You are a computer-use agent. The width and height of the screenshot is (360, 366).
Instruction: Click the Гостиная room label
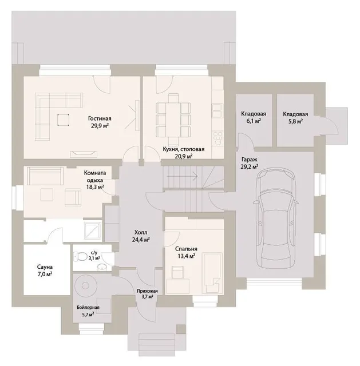[x=100, y=118]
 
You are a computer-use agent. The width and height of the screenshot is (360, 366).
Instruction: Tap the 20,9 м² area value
[x=184, y=156]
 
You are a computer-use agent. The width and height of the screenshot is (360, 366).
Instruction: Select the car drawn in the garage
[x=276, y=218]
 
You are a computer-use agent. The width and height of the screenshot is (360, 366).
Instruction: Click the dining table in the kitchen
[x=173, y=120]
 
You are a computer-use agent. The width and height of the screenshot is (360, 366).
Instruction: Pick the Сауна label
[x=45, y=267]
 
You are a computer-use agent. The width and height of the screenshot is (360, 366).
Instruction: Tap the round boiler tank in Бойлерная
[x=85, y=285]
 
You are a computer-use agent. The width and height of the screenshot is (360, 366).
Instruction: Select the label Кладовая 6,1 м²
[x=254, y=117]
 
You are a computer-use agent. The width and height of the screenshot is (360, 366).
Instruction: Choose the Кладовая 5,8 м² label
[x=295, y=118]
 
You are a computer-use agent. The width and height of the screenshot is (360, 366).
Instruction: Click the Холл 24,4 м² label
[x=141, y=236]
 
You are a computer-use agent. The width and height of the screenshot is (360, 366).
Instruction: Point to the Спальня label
[x=186, y=249]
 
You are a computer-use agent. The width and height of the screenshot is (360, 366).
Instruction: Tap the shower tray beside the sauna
[x=93, y=231]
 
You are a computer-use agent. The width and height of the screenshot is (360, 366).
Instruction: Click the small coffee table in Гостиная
[x=63, y=120]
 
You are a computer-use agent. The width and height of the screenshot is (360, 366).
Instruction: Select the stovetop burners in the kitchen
[x=218, y=138]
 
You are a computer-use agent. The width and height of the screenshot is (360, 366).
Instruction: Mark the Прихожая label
[x=147, y=291]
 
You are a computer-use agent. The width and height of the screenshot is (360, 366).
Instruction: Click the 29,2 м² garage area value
[x=250, y=166]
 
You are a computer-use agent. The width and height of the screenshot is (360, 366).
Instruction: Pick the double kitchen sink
[x=216, y=110]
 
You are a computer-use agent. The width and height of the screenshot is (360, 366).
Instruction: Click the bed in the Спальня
[x=212, y=273]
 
